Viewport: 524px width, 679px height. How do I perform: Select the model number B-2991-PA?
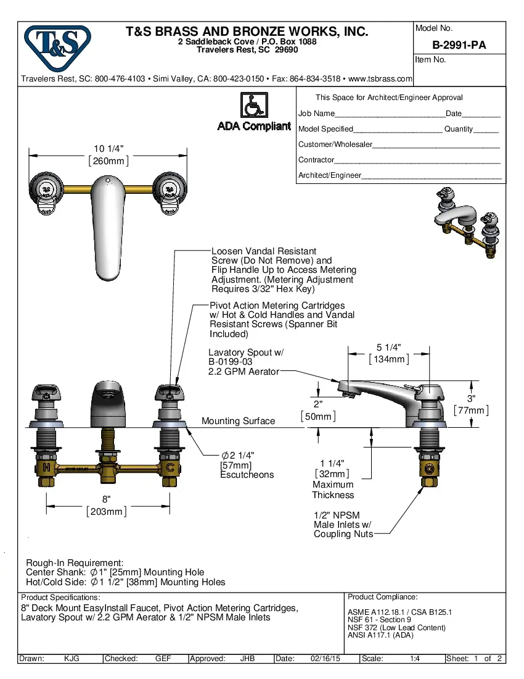459,44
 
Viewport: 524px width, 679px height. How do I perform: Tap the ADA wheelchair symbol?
253,105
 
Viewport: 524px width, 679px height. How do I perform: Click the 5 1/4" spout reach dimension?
388,353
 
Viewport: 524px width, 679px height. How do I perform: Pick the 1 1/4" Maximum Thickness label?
332,478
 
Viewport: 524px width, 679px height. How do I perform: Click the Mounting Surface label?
238,421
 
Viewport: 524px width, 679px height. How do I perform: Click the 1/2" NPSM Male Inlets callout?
343,525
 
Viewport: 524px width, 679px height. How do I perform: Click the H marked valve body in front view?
47,468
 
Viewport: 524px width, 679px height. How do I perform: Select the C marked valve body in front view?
168,468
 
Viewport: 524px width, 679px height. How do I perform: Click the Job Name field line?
390,114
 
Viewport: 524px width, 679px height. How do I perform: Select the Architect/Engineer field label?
329,175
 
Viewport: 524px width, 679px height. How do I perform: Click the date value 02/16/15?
325,659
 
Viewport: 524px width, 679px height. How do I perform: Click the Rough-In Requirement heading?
75,563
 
